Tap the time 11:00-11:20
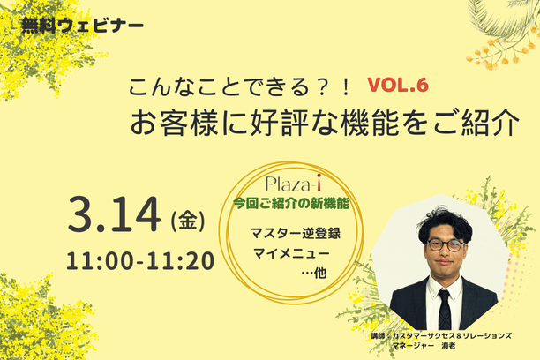[x=140, y=261]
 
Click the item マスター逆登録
[x=296, y=234]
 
